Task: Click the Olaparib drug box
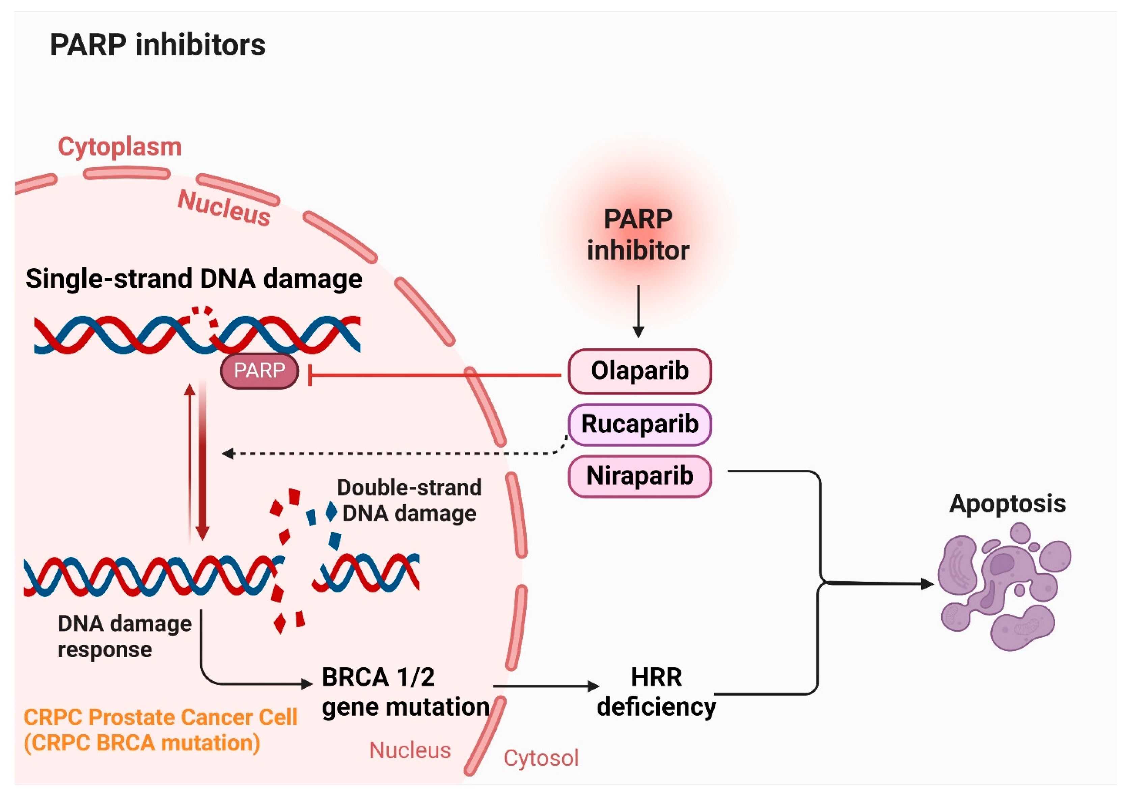tap(639, 371)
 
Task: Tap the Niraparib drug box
tap(639, 476)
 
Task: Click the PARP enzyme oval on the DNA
tap(259, 371)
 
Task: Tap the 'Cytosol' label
tap(541, 758)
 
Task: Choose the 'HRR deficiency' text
tap(656, 692)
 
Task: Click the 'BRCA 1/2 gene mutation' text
tap(406, 692)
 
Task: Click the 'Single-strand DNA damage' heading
tap(194, 279)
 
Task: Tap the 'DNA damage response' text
tap(125, 637)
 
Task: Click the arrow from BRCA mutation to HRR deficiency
tap(546, 686)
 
